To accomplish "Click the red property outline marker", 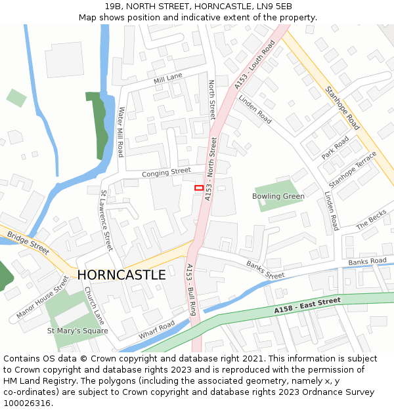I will [198, 188].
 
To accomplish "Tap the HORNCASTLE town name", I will [121, 275].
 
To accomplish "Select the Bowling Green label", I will [278, 196].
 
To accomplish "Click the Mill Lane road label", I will [167, 79].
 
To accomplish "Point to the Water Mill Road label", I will [121, 132].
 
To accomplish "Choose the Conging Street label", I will [166, 173].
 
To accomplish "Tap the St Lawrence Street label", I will [106, 220].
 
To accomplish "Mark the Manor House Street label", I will [43, 297].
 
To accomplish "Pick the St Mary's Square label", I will [77, 331].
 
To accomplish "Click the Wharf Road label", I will [156, 330].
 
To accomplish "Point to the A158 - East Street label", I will [307, 304].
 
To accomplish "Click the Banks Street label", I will [265, 270].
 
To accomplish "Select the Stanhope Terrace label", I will [353, 170].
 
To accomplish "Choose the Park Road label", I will [335, 148].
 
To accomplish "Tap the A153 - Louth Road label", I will [255, 65].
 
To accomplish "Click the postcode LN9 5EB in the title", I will [268, 6].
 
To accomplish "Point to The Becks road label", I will [372, 219].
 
